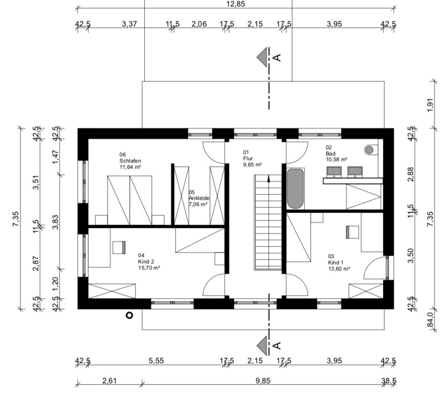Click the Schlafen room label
pos(130,161)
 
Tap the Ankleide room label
pos(199,198)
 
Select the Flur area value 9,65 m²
pos(252,164)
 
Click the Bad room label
pos(330,153)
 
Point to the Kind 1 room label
pos(336,262)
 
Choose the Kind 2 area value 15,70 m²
pos(149,268)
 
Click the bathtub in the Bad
pos(295,189)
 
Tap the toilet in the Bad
pos(371,149)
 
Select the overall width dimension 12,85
pos(236,4)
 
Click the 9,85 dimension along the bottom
pos(263,381)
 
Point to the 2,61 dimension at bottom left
pos(109,381)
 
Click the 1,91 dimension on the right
pos(430,105)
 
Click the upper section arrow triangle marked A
pos(263,57)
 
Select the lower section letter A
pos(277,345)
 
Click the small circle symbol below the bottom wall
pos(129,315)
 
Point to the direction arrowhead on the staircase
pos(268,179)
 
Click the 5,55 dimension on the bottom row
pos(156,361)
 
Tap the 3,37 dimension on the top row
pos(129,24)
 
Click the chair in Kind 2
pos(119,247)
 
